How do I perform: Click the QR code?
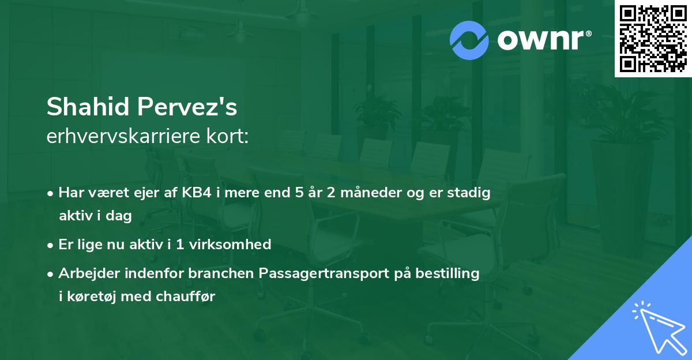click(x=653, y=39)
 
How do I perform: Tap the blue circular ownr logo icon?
click(x=469, y=40)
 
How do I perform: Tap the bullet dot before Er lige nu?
click(x=52, y=245)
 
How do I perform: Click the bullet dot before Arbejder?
click(x=52, y=274)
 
